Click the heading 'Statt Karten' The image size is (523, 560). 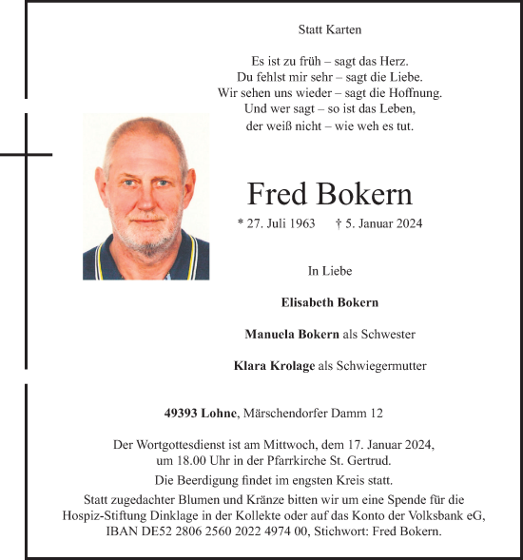(x=330, y=30)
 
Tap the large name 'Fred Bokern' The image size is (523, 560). (x=330, y=194)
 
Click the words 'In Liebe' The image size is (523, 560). (x=330, y=271)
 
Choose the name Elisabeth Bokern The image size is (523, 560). (x=330, y=302)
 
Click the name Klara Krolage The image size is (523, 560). (x=274, y=365)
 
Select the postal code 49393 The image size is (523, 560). (x=181, y=414)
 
